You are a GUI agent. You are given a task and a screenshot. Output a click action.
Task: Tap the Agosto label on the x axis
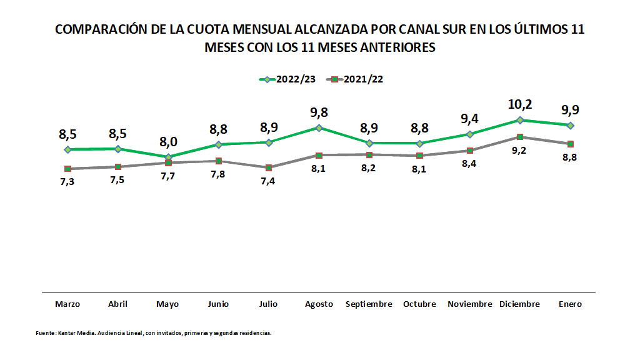pyautogui.click(x=319, y=304)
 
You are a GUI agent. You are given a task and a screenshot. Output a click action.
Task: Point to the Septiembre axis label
pyautogui.click(x=369, y=304)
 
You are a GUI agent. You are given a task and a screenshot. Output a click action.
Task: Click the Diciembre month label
pyautogui.click(x=519, y=304)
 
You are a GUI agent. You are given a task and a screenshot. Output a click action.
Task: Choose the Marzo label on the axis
pyautogui.click(x=67, y=304)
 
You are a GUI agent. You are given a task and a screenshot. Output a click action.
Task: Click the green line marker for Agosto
pyautogui.click(x=319, y=127)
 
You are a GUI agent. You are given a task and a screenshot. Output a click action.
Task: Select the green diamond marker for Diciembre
pyautogui.click(x=519, y=120)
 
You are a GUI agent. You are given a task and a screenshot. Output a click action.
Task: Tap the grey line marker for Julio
pyautogui.click(x=269, y=167)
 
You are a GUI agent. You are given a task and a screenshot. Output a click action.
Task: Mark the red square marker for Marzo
pyautogui.click(x=67, y=169)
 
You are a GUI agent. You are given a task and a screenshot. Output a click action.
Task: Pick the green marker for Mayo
pyautogui.click(x=168, y=157)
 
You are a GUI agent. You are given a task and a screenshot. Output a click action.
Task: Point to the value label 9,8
pyautogui.click(x=319, y=112)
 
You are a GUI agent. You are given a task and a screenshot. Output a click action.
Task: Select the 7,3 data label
pyautogui.click(x=67, y=181)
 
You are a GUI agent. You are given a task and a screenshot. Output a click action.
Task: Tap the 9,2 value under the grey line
pyautogui.click(x=519, y=151)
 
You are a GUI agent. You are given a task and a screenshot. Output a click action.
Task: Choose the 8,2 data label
pyautogui.click(x=369, y=167)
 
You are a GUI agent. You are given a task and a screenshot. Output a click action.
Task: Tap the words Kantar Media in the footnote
pyautogui.click(x=73, y=333)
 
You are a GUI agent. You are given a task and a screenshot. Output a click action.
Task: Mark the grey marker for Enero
pyautogui.click(x=570, y=144)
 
